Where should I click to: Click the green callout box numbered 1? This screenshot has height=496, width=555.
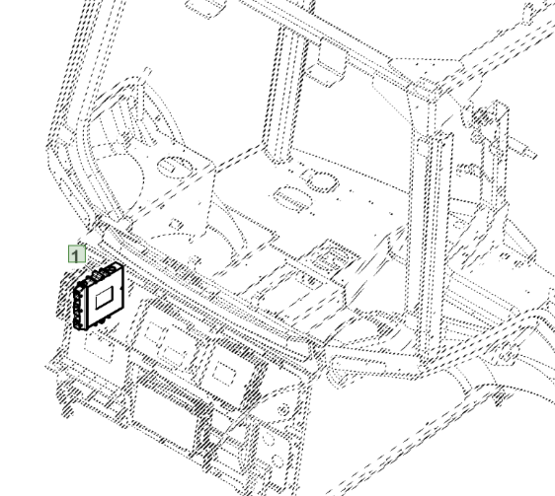coord(77,254)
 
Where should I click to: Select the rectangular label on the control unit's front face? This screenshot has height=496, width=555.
coord(105,297)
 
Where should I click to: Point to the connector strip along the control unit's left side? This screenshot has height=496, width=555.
coord(78,308)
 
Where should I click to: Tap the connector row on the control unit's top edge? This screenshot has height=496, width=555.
coord(103,272)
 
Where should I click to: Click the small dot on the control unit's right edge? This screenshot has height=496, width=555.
coord(122,288)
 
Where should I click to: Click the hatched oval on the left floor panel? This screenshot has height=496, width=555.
coord(175,167)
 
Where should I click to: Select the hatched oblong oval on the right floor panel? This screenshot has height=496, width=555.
coord(293,199)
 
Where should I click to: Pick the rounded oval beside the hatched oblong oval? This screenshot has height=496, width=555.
coord(321,182)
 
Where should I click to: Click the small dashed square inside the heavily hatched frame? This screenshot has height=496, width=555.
coord(223,373)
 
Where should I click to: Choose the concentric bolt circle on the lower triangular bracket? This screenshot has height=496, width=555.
coord(283,410)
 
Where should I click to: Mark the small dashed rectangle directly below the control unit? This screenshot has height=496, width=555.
coord(99,349)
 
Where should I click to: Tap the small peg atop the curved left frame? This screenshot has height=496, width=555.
coord(147,72)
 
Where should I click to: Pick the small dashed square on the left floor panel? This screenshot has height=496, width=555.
coord(176,224)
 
